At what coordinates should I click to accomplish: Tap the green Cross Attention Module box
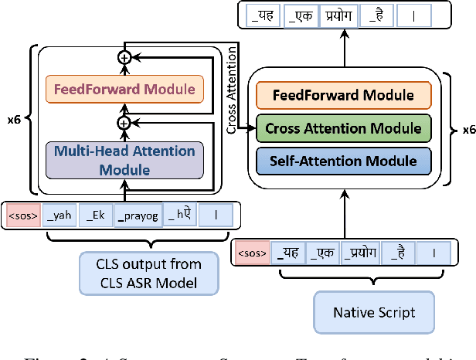(x=343, y=129)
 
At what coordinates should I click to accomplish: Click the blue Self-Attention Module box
(x=343, y=161)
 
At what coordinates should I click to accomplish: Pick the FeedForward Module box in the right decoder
(x=343, y=97)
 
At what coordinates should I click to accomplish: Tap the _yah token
(x=59, y=216)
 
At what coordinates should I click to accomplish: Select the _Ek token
(x=96, y=216)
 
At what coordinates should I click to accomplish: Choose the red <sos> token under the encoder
(x=23, y=216)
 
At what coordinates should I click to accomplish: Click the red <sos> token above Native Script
(x=251, y=252)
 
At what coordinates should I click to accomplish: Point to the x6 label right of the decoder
(x=468, y=130)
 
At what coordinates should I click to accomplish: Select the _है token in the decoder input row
(x=398, y=252)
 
